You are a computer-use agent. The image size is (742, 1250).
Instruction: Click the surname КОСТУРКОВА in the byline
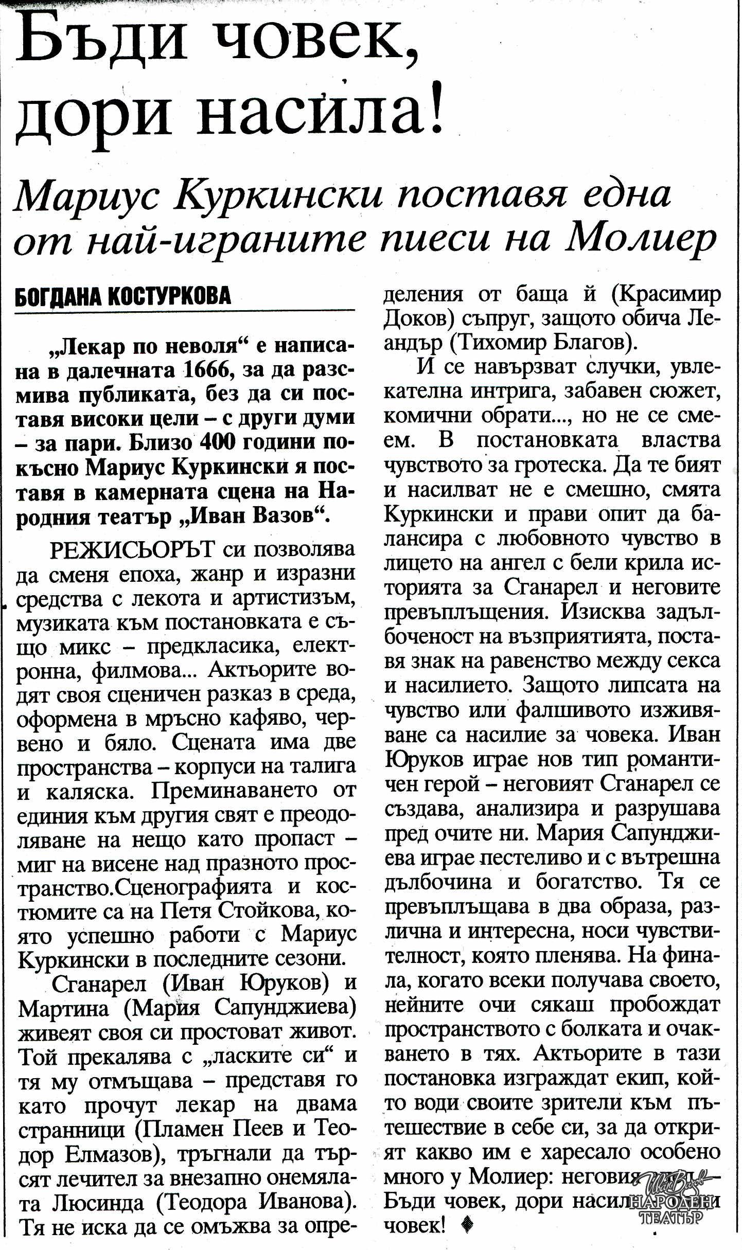[x=170, y=297]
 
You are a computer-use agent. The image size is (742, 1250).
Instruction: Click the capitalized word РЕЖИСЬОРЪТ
[x=132, y=549]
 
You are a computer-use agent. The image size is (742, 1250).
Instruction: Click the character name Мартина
[x=64, y=1008]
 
